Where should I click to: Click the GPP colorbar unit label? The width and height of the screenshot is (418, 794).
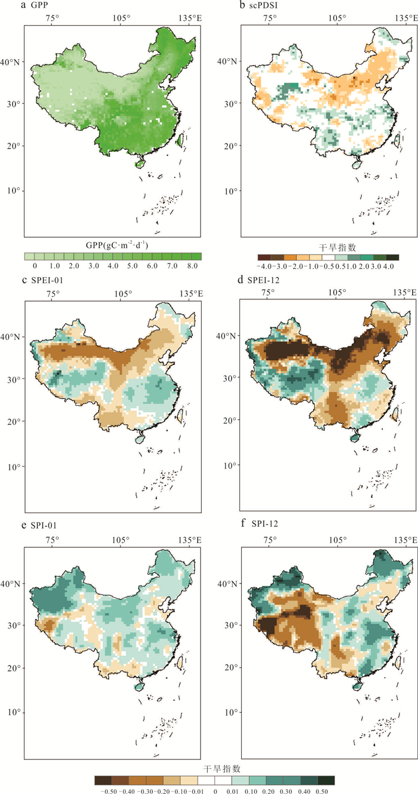[x=113, y=245]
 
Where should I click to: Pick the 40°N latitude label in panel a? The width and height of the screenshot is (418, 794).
[x=11, y=62]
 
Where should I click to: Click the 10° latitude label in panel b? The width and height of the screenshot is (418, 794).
[x=230, y=191]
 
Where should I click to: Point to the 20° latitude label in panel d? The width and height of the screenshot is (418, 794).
[x=230, y=421]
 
